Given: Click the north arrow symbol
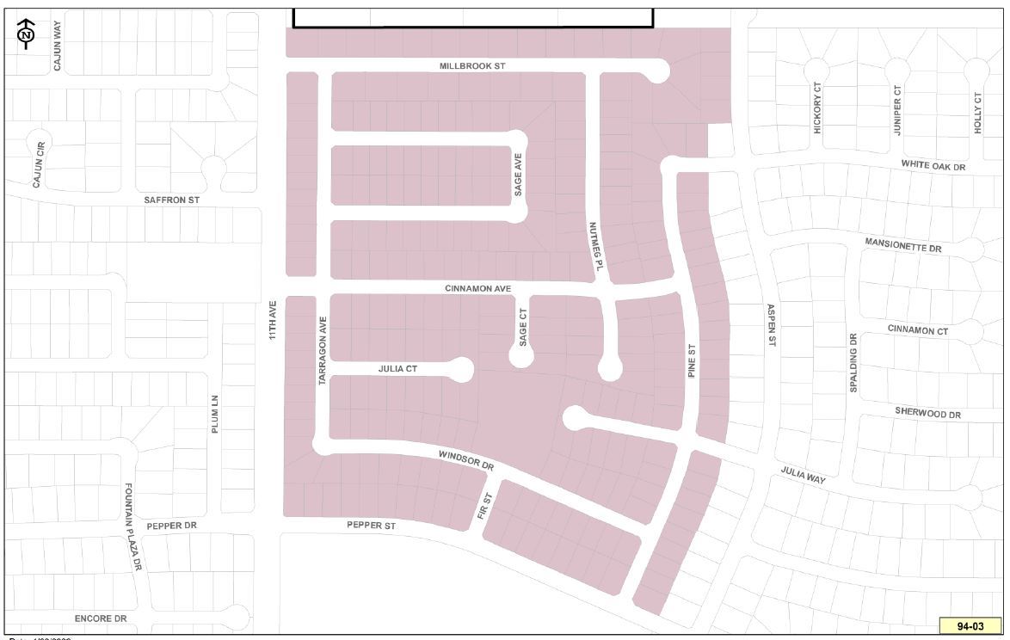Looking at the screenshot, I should pos(26,34).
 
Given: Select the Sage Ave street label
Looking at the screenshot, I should pos(518,175).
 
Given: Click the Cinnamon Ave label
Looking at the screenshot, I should pos(478,288).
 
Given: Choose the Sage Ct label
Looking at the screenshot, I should pos(522,328).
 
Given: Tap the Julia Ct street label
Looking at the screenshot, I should pos(397,369).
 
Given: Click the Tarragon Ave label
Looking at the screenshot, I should pos(323,349).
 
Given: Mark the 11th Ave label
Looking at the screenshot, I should pos(272,319).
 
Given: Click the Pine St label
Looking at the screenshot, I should pos(690,362).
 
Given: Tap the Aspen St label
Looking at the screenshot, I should pos(771,325).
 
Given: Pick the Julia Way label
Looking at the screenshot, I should pos(804,474).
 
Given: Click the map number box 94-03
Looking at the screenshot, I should pos(970,625).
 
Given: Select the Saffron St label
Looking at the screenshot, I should pos(171,200).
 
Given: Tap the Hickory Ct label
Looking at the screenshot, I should pos(817,113).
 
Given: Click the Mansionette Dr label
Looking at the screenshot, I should pos(903,245).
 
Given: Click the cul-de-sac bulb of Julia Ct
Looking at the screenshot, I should pos(461,370).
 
